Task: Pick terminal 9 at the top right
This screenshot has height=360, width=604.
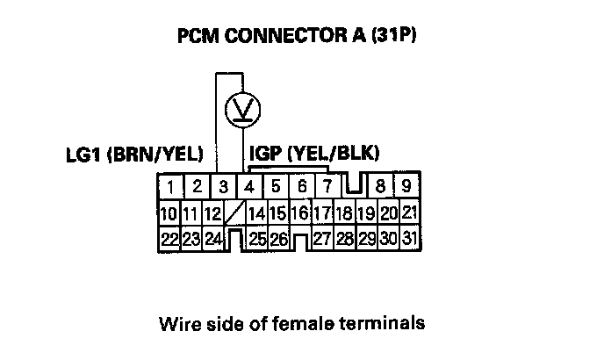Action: tap(406, 186)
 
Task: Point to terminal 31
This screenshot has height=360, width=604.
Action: tap(407, 238)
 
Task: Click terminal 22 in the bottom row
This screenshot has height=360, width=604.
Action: tap(170, 238)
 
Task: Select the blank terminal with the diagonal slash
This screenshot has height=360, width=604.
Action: tap(235, 212)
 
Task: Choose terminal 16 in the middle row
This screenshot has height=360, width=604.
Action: tap(300, 212)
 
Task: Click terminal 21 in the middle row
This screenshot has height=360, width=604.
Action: tap(408, 212)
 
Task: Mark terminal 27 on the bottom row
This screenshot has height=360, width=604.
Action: tap(321, 238)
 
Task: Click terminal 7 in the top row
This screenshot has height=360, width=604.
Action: tap(327, 186)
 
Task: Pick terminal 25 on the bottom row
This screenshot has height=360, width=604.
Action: tap(257, 238)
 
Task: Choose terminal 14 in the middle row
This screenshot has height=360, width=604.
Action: tap(257, 212)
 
